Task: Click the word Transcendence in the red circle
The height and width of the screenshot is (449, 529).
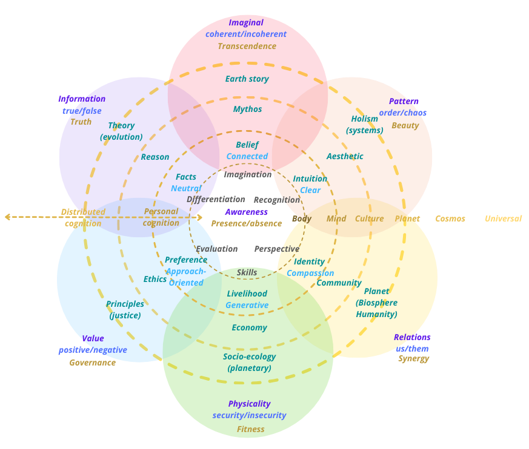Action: coord(247,46)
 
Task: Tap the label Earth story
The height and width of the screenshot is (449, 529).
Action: coord(247,79)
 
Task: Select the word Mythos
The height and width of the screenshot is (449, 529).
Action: coord(247,110)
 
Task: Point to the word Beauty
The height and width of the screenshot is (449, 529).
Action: coord(405,125)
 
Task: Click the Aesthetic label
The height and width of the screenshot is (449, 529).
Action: coord(345,156)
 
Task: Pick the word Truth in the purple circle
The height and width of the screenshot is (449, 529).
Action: coord(81,122)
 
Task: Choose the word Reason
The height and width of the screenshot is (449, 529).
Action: coord(155,157)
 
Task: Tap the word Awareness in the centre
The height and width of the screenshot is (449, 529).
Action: coord(246,212)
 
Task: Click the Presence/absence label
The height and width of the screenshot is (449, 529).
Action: coord(246,223)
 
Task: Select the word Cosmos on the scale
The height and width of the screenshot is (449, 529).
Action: coord(450,218)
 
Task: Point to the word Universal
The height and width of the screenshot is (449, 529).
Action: coord(503,218)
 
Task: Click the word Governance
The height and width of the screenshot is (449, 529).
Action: coord(92,362)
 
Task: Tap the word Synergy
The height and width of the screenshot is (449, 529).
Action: coord(413,358)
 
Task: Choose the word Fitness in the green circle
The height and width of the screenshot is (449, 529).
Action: coord(250,429)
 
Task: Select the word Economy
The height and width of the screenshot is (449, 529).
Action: coord(249,327)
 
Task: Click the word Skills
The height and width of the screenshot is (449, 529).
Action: coord(247,272)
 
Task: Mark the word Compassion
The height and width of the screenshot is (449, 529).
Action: coord(310,273)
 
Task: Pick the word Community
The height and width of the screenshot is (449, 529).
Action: coord(339,283)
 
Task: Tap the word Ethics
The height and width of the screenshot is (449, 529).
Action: coord(155,279)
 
